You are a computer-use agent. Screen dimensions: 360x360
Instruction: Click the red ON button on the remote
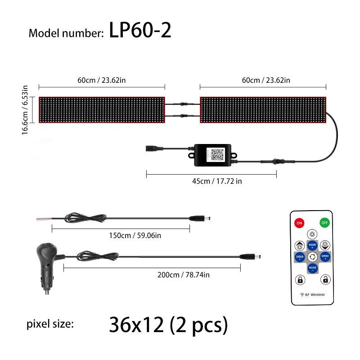(299, 222)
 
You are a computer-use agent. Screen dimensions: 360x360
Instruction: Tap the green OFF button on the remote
(324, 222)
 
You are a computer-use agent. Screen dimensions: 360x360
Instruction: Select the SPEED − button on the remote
(299, 257)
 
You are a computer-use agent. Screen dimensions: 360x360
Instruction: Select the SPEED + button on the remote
(324, 257)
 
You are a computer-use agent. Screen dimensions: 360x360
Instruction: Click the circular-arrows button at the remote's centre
(312, 257)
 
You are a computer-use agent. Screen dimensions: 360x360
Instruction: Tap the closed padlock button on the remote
(299, 280)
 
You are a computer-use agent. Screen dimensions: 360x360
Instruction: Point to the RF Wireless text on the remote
(312, 295)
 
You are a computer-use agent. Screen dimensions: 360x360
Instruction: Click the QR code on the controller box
(215, 154)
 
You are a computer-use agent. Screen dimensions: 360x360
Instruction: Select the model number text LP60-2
(140, 31)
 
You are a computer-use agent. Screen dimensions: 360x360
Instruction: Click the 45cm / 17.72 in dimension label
(211, 181)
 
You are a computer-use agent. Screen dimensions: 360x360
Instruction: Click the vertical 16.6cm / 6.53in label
(26, 109)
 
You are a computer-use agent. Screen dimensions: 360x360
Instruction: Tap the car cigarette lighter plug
(47, 265)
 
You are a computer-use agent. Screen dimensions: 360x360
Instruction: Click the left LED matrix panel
(102, 109)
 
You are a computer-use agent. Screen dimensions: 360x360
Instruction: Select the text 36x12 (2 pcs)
(168, 324)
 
